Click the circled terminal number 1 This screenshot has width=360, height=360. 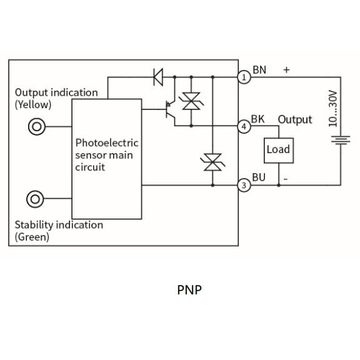244,77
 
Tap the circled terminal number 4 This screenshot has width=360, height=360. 244,126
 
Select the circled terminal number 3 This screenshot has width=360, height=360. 244,185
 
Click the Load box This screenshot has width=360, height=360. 279,151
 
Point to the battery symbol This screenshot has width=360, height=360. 341,140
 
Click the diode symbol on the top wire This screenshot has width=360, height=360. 158,77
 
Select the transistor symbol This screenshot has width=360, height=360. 170,110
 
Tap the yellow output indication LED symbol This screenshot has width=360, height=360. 37,126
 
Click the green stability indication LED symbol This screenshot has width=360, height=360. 35,199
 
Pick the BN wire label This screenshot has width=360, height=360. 259,70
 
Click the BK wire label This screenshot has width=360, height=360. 258,119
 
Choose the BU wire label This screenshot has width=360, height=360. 259,177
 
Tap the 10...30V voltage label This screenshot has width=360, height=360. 333,109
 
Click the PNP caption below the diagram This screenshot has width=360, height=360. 189,290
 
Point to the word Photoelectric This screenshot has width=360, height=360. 107,142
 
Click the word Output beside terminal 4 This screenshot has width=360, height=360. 295,119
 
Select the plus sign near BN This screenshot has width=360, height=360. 286,70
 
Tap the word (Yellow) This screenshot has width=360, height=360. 33,105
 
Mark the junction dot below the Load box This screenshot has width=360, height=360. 279,185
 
